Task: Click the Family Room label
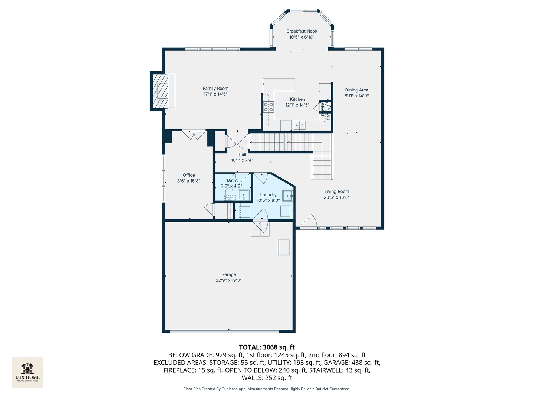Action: pyautogui.click(x=215, y=88)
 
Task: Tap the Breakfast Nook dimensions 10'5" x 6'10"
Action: pyautogui.click(x=302, y=37)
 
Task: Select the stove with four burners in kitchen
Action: pyautogui.click(x=268, y=107)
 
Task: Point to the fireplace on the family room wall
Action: pyautogui.click(x=162, y=91)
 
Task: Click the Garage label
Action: pyautogui.click(x=228, y=274)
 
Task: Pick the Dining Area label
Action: pyautogui.click(x=356, y=90)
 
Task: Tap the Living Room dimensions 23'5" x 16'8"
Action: pyautogui.click(x=336, y=197)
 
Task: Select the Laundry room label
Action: pyautogui.click(x=268, y=194)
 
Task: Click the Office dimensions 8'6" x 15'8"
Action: pyautogui.click(x=189, y=181)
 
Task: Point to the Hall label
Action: pyautogui.click(x=242, y=154)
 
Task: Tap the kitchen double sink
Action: pyautogui.click(x=300, y=125)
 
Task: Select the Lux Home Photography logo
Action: pyautogui.click(x=27, y=372)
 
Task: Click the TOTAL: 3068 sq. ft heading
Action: pyautogui.click(x=267, y=347)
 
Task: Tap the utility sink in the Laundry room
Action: pyautogui.click(x=288, y=196)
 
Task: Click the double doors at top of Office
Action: pyautogui.click(x=194, y=134)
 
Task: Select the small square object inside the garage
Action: pyautogui.click(x=284, y=247)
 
